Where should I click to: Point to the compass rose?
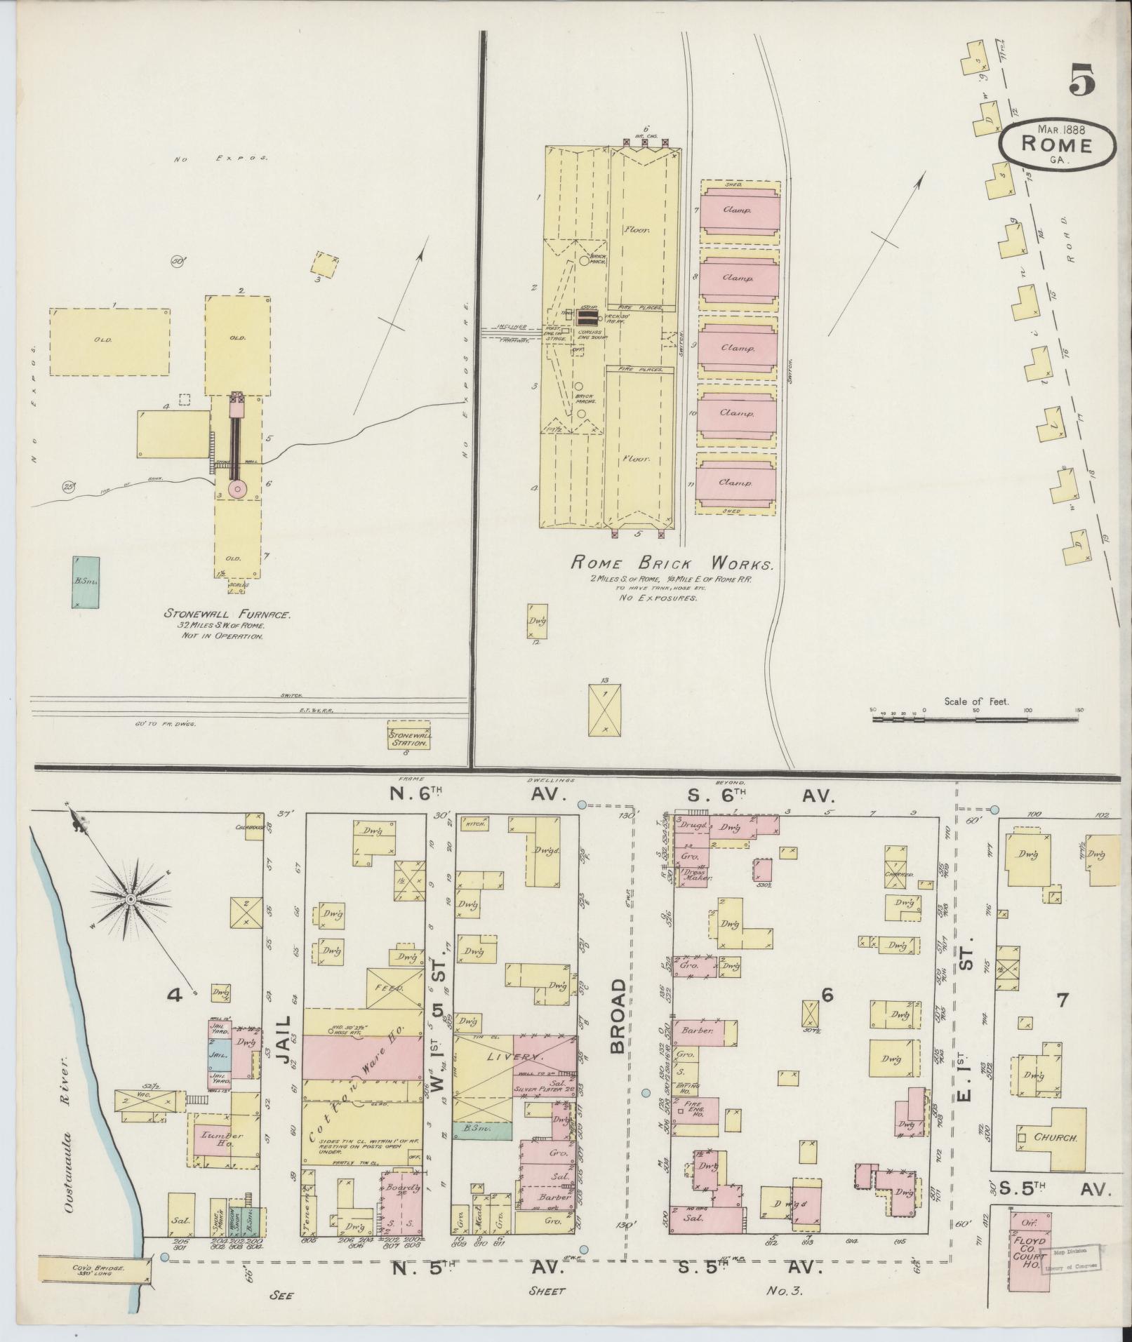coord(131,898)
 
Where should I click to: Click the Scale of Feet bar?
coord(978,718)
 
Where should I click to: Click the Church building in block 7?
coord(1053,1138)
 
